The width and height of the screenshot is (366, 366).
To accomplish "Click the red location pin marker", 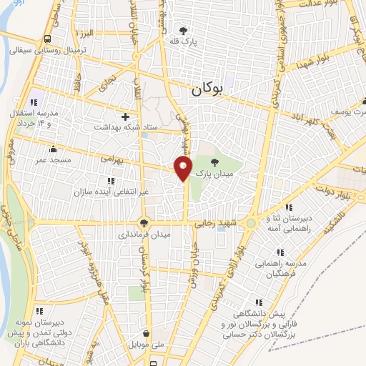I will (x=183, y=169).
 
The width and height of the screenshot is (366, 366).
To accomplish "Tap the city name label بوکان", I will (x=208, y=90).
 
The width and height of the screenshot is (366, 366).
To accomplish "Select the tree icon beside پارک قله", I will (x=184, y=31).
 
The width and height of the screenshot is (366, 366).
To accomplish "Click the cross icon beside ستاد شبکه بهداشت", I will (x=126, y=116).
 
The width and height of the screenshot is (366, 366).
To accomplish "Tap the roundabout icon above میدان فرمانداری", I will (x=144, y=223).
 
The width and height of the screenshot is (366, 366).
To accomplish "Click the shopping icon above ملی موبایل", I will (x=147, y=333).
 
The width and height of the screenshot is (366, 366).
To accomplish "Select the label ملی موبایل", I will (x=147, y=344).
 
